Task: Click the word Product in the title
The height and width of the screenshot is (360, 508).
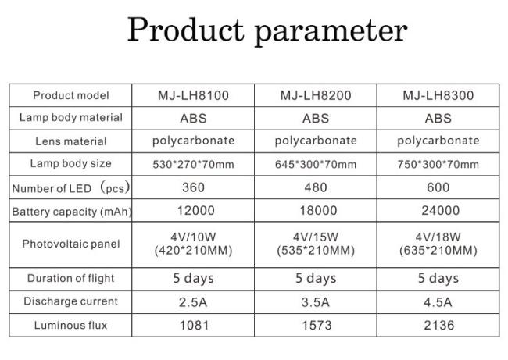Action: pyautogui.click(x=186, y=29)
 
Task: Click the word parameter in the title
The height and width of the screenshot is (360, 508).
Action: pyautogui.click(x=331, y=32)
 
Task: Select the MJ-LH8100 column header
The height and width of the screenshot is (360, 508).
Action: pyautogui.click(x=193, y=95)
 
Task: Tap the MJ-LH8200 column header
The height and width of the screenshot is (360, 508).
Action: pyautogui.click(x=316, y=95)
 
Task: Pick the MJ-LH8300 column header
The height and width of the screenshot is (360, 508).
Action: pyautogui.click(x=438, y=95)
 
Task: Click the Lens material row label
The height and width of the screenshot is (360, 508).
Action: pyautogui.click(x=71, y=141)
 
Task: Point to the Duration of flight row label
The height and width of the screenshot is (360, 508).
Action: pyautogui.click(x=71, y=279)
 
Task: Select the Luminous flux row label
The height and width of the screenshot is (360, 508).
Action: pyautogui.click(x=70, y=325)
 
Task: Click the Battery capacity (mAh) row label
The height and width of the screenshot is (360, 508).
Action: pyautogui.click(x=72, y=212)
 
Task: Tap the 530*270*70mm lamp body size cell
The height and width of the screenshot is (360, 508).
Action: pyautogui.click(x=193, y=165)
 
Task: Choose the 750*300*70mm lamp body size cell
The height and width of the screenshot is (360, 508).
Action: pyautogui.click(x=438, y=165)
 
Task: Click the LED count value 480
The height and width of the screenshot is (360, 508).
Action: pyautogui.click(x=316, y=187)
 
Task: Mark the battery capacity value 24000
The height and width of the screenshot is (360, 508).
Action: pyautogui.click(x=441, y=210)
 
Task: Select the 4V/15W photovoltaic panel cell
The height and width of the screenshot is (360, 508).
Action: pyautogui.click(x=316, y=244)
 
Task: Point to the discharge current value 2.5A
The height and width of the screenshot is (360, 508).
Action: pyautogui.click(x=193, y=302)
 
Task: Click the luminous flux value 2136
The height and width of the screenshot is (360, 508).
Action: pyautogui.click(x=439, y=326)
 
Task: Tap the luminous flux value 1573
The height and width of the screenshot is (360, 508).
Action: pyautogui.click(x=317, y=326)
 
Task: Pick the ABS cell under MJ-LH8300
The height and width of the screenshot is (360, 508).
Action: pyautogui.click(x=438, y=119)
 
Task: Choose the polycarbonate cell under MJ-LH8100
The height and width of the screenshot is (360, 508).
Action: pyautogui.click(x=193, y=141)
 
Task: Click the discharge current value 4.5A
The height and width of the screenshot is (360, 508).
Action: pyautogui.click(x=438, y=302)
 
